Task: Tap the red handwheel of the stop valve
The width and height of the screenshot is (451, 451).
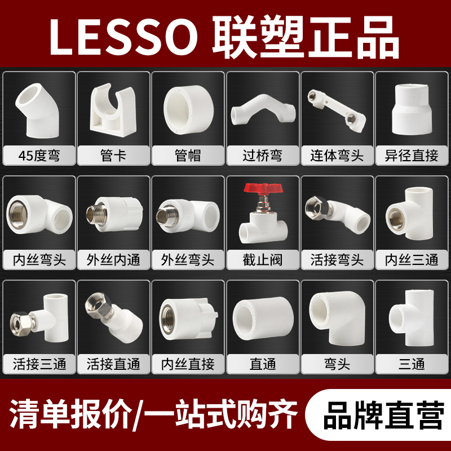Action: pos(262,189)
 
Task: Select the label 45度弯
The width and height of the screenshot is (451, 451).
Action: pos(39,154)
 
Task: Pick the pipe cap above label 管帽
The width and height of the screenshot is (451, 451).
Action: pos(187,107)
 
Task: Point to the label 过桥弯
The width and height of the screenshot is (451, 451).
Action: pos(262,154)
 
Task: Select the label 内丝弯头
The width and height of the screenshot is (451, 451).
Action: pos(39,260)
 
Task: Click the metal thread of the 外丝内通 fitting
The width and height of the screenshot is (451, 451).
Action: pos(95,214)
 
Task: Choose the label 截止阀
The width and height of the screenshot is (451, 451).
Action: pos(262,260)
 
